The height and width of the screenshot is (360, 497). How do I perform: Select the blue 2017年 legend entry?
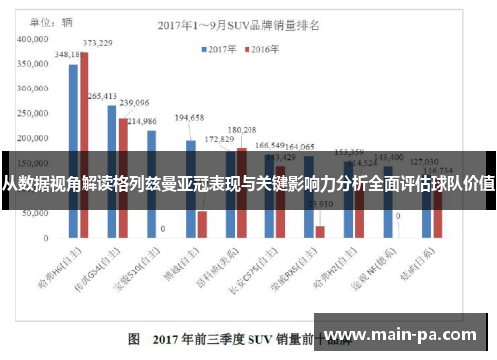tap(222, 48)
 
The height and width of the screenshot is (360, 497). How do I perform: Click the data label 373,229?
tap(97, 43)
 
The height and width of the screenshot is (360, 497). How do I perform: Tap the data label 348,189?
tap(69, 55)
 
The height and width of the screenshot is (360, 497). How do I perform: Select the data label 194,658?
tap(189, 118)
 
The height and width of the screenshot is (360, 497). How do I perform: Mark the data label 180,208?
tap(242, 130)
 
